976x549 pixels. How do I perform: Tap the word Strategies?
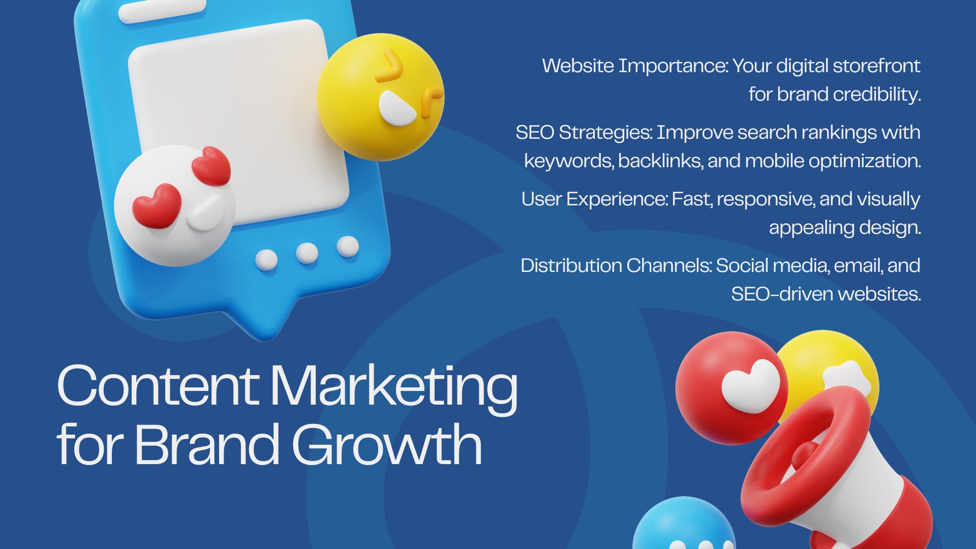point(605,132)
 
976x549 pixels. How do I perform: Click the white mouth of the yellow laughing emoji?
point(396,109)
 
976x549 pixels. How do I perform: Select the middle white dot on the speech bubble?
point(307,253)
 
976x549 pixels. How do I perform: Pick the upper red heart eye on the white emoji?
point(211,165)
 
